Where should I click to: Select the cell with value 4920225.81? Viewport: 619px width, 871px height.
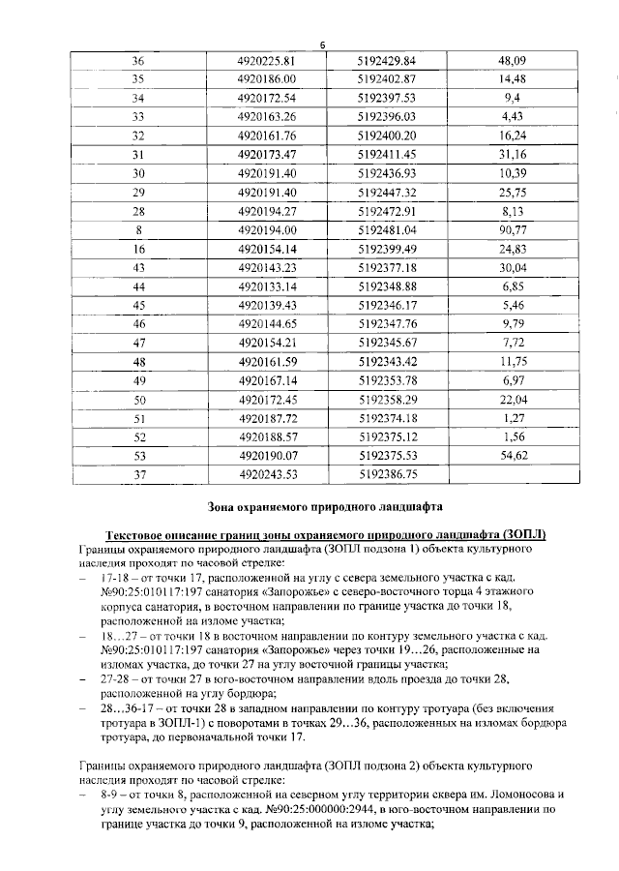[264, 60]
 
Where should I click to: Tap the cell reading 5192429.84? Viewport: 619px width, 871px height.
[386, 60]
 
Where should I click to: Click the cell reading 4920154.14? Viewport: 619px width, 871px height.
[264, 249]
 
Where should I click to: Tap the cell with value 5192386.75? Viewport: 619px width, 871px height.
[386, 474]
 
